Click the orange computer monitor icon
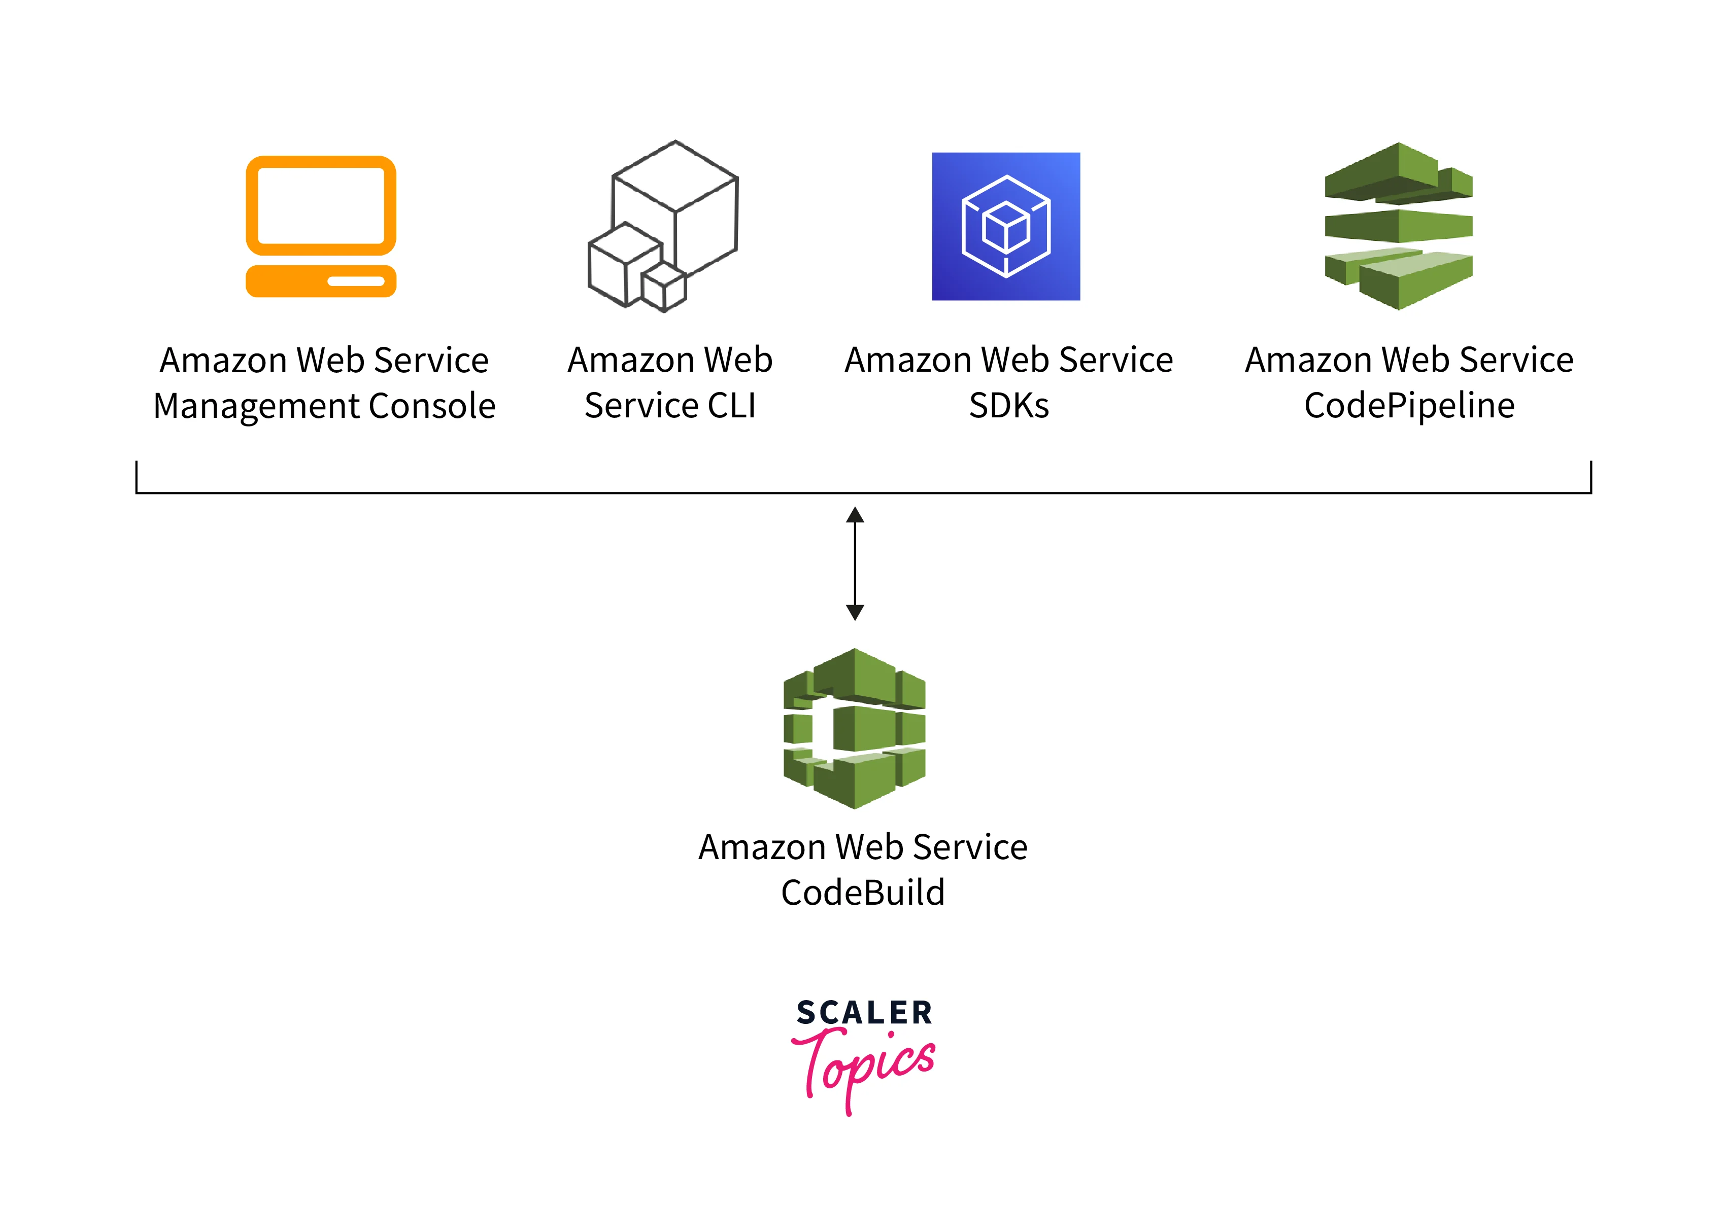pyautogui.click(x=321, y=225)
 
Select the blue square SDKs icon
pyautogui.click(x=1006, y=226)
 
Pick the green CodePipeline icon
pyautogui.click(x=1398, y=225)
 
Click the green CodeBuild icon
pyautogui.click(x=855, y=728)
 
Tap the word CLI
pyautogui.click(x=731, y=406)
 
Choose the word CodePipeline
pyautogui.click(x=1409, y=406)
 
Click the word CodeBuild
pyautogui.click(x=862, y=893)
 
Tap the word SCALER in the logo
pyautogui.click(x=864, y=1013)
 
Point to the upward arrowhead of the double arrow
pyautogui.click(x=855, y=515)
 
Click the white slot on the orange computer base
pyautogui.click(x=356, y=282)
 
